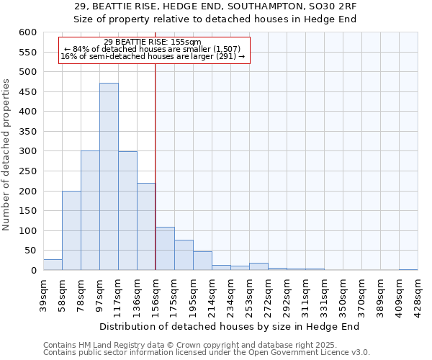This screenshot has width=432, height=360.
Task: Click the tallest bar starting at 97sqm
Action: [x=109, y=176]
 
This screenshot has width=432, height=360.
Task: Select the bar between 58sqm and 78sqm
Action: [x=71, y=230]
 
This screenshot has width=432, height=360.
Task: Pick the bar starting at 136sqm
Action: [x=146, y=227]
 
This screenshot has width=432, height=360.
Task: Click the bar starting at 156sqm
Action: [x=165, y=248]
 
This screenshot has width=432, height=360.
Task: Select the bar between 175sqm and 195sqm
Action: [x=184, y=255]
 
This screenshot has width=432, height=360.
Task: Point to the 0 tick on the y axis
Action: [x=33, y=271]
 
